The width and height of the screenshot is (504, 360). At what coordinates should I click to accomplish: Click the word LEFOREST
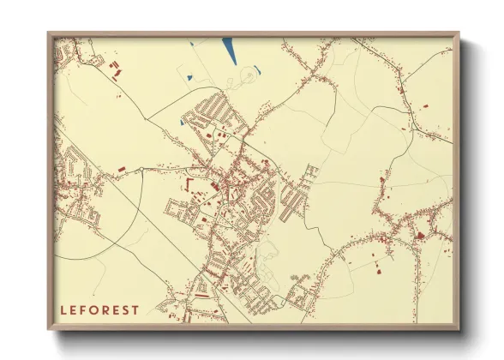(99, 309)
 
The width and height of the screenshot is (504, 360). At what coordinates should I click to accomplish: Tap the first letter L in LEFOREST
(63, 309)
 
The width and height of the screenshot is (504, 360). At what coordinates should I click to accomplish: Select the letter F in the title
(84, 309)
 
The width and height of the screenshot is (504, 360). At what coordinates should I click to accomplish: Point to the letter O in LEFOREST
(95, 309)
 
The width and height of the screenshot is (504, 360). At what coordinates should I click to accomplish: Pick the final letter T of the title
(136, 309)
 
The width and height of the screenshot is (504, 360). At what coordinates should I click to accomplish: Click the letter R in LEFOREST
(106, 309)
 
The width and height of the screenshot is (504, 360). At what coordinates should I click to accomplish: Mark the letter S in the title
(127, 309)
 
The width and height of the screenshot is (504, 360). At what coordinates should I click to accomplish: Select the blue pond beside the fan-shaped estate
(182, 121)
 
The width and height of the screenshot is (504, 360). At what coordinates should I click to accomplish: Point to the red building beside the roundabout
(121, 164)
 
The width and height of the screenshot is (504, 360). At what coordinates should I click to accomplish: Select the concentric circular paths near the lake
(248, 76)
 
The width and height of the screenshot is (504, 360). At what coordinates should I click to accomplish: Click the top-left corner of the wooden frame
(49, 34)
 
